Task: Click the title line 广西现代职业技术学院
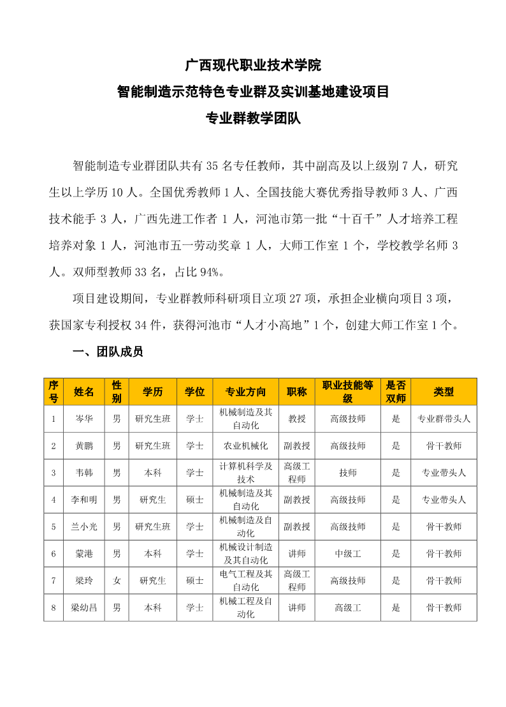click(x=253, y=65)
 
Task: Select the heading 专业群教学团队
click(x=253, y=118)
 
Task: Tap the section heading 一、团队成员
click(x=108, y=352)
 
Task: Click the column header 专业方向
click(x=245, y=392)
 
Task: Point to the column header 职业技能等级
click(x=347, y=392)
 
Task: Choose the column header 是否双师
click(x=396, y=392)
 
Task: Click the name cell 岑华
click(x=84, y=419)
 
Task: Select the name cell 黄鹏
click(x=84, y=446)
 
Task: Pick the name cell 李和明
click(x=84, y=500)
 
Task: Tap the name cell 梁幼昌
click(x=84, y=608)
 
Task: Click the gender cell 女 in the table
click(x=117, y=581)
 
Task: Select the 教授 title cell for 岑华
click(x=297, y=419)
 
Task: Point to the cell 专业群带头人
click(x=444, y=419)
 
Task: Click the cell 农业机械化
click(x=245, y=446)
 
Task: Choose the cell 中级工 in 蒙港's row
click(x=347, y=554)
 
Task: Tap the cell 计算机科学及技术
click(x=245, y=473)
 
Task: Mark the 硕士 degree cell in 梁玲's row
click(x=194, y=581)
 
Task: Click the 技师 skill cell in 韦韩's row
click(x=347, y=473)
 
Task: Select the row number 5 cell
click(x=54, y=527)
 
